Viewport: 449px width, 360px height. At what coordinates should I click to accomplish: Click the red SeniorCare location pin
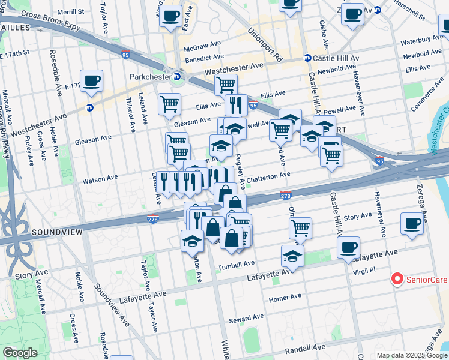coord(397,279)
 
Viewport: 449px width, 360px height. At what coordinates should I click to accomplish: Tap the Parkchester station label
coord(150,77)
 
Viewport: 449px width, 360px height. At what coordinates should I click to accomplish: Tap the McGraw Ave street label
coord(200,47)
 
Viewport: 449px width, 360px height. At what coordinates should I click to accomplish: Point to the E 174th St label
coord(16,54)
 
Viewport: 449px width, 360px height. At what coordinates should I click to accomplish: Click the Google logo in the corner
coord(20,352)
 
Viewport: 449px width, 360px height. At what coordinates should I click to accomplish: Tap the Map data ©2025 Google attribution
coord(411,355)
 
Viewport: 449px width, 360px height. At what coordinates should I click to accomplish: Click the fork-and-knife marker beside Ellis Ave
coord(236,106)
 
